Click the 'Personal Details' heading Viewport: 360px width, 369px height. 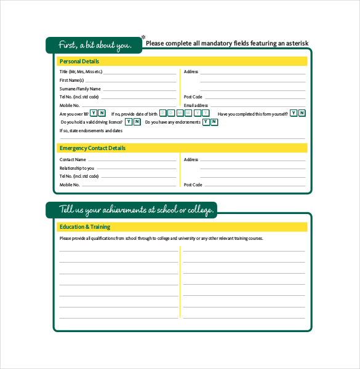point(79,61)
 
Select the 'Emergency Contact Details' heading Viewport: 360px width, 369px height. point(92,148)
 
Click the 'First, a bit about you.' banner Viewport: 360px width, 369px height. point(94,45)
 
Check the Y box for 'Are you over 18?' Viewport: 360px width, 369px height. point(94,113)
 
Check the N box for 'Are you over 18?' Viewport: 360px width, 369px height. point(102,113)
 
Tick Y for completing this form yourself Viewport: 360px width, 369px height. point(294,113)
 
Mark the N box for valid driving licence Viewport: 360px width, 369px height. point(137,122)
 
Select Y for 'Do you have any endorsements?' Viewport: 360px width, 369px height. point(206,122)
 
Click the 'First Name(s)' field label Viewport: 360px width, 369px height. point(71,81)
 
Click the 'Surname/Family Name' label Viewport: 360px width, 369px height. point(80,89)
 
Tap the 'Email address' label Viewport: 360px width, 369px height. point(196,105)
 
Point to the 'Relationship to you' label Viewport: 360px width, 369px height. point(77,168)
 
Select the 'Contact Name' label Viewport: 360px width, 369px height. point(73,160)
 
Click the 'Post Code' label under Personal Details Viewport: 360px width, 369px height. point(193,97)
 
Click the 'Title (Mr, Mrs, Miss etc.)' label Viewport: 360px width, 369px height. point(81,72)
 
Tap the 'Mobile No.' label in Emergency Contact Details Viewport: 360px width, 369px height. point(70,184)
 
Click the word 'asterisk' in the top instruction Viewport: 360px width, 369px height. point(294,43)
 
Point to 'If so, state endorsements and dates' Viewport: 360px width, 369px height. point(90,130)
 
